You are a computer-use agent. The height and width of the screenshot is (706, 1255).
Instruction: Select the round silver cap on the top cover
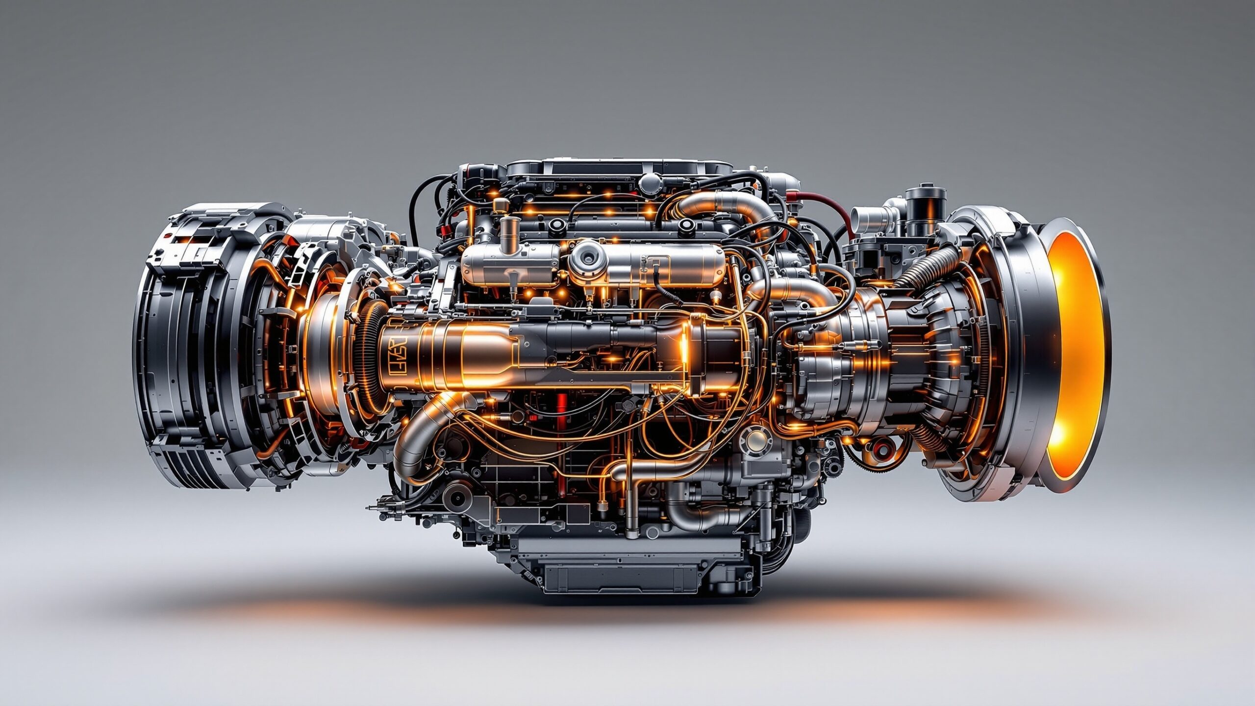(650, 182)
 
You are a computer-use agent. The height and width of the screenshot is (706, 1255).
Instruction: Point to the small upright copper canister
(508, 230)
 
